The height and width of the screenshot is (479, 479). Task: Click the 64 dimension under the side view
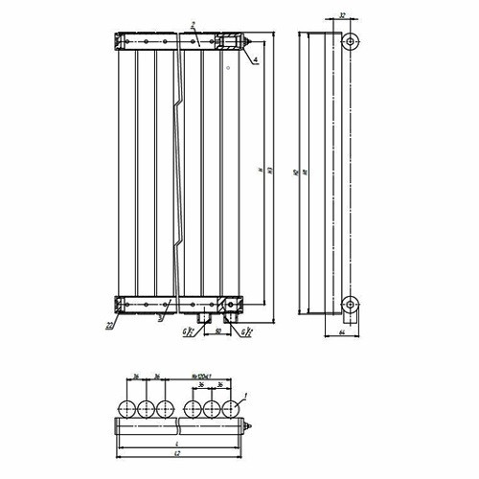click(x=342, y=333)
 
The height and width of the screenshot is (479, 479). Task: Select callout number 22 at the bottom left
click(x=112, y=327)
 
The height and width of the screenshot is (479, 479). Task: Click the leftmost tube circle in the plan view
click(x=125, y=409)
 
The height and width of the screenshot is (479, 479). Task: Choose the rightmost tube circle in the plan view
click(x=231, y=409)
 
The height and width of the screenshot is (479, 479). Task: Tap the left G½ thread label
click(x=189, y=333)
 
